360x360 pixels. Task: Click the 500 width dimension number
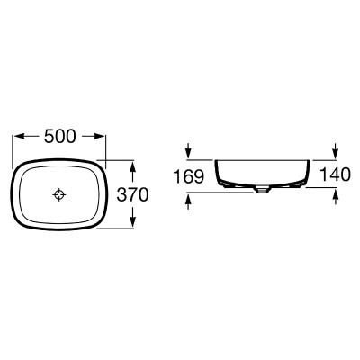59,137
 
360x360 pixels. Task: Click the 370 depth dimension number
132,194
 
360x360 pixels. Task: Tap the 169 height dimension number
189,176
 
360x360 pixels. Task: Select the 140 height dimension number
335,175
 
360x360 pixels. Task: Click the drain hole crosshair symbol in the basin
59,195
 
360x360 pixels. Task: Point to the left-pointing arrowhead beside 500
20,137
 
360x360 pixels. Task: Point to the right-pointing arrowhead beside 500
100,137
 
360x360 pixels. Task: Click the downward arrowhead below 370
133,222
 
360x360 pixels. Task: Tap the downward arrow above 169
188,150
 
